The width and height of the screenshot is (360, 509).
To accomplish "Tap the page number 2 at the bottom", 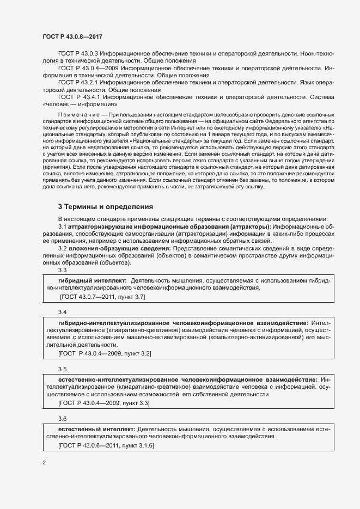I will [45, 463].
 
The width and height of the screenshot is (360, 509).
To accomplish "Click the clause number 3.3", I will [62, 270].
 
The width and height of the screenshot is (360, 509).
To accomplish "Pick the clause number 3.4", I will [62, 312].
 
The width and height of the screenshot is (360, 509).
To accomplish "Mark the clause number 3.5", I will [62, 369].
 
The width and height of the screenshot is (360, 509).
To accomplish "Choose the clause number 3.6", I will [62, 419].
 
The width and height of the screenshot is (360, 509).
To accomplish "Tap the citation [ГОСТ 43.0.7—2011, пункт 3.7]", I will [102, 298].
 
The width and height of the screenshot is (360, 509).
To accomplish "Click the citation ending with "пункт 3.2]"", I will [104, 354].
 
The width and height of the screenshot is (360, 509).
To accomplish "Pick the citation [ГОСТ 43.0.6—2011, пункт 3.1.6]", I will [106, 446].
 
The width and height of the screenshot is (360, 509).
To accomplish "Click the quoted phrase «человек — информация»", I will [80, 103].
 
